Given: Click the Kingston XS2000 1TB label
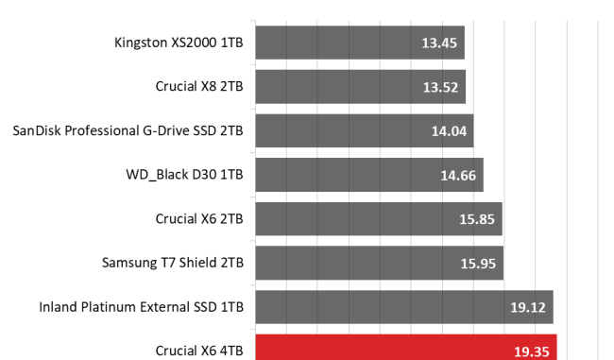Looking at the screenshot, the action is pyautogui.click(x=179, y=43).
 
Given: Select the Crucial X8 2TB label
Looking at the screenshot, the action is pyautogui.click(x=199, y=86).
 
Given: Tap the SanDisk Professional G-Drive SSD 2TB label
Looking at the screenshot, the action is pyautogui.click(x=128, y=130).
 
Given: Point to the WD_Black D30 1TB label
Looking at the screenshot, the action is pyautogui.click(x=184, y=175).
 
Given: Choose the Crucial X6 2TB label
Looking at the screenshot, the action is pyautogui.click(x=199, y=218).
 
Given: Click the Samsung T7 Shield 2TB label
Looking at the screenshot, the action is pyautogui.click(x=173, y=263).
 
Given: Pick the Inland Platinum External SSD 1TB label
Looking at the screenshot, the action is pyautogui.click(x=142, y=307).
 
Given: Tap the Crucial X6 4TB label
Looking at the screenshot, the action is pyautogui.click(x=199, y=351).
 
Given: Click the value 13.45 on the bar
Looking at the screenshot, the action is pyautogui.click(x=439, y=43).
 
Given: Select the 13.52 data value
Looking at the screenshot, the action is pyautogui.click(x=440, y=87).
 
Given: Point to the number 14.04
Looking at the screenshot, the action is pyautogui.click(x=449, y=131).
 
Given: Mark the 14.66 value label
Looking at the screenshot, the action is pyautogui.click(x=458, y=176).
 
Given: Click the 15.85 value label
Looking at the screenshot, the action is pyautogui.click(x=477, y=219).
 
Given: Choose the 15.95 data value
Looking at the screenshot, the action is pyautogui.click(x=478, y=264).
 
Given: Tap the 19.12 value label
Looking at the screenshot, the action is pyautogui.click(x=528, y=307).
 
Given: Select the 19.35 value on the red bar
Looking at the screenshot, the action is pyautogui.click(x=532, y=351).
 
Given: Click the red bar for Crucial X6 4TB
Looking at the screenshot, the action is pyautogui.click(x=406, y=348).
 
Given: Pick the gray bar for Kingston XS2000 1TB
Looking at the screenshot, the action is pyautogui.click(x=360, y=43).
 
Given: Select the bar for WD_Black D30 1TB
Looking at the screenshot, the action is pyautogui.click(x=369, y=175).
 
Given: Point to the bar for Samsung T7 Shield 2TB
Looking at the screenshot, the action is pyautogui.click(x=380, y=263).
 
